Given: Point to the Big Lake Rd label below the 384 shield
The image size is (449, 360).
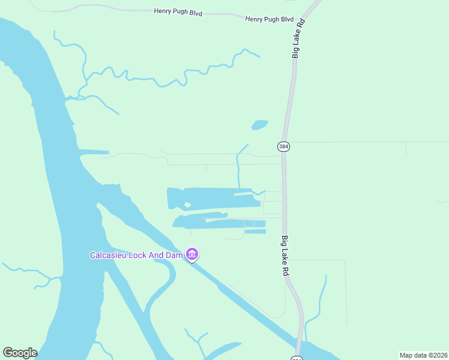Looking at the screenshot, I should (x=286, y=255).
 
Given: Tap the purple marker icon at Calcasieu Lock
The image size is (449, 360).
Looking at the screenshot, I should (x=192, y=255).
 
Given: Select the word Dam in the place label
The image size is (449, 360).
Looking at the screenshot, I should (x=173, y=255).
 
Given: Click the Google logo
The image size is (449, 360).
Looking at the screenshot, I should (x=20, y=353).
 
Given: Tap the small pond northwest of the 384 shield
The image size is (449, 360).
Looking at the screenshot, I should (x=259, y=125).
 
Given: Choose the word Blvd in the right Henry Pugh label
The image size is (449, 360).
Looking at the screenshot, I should (x=288, y=19).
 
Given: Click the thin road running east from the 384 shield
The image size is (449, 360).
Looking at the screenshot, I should (x=360, y=142).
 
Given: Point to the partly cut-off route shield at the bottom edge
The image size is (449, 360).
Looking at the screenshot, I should (x=297, y=358).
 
